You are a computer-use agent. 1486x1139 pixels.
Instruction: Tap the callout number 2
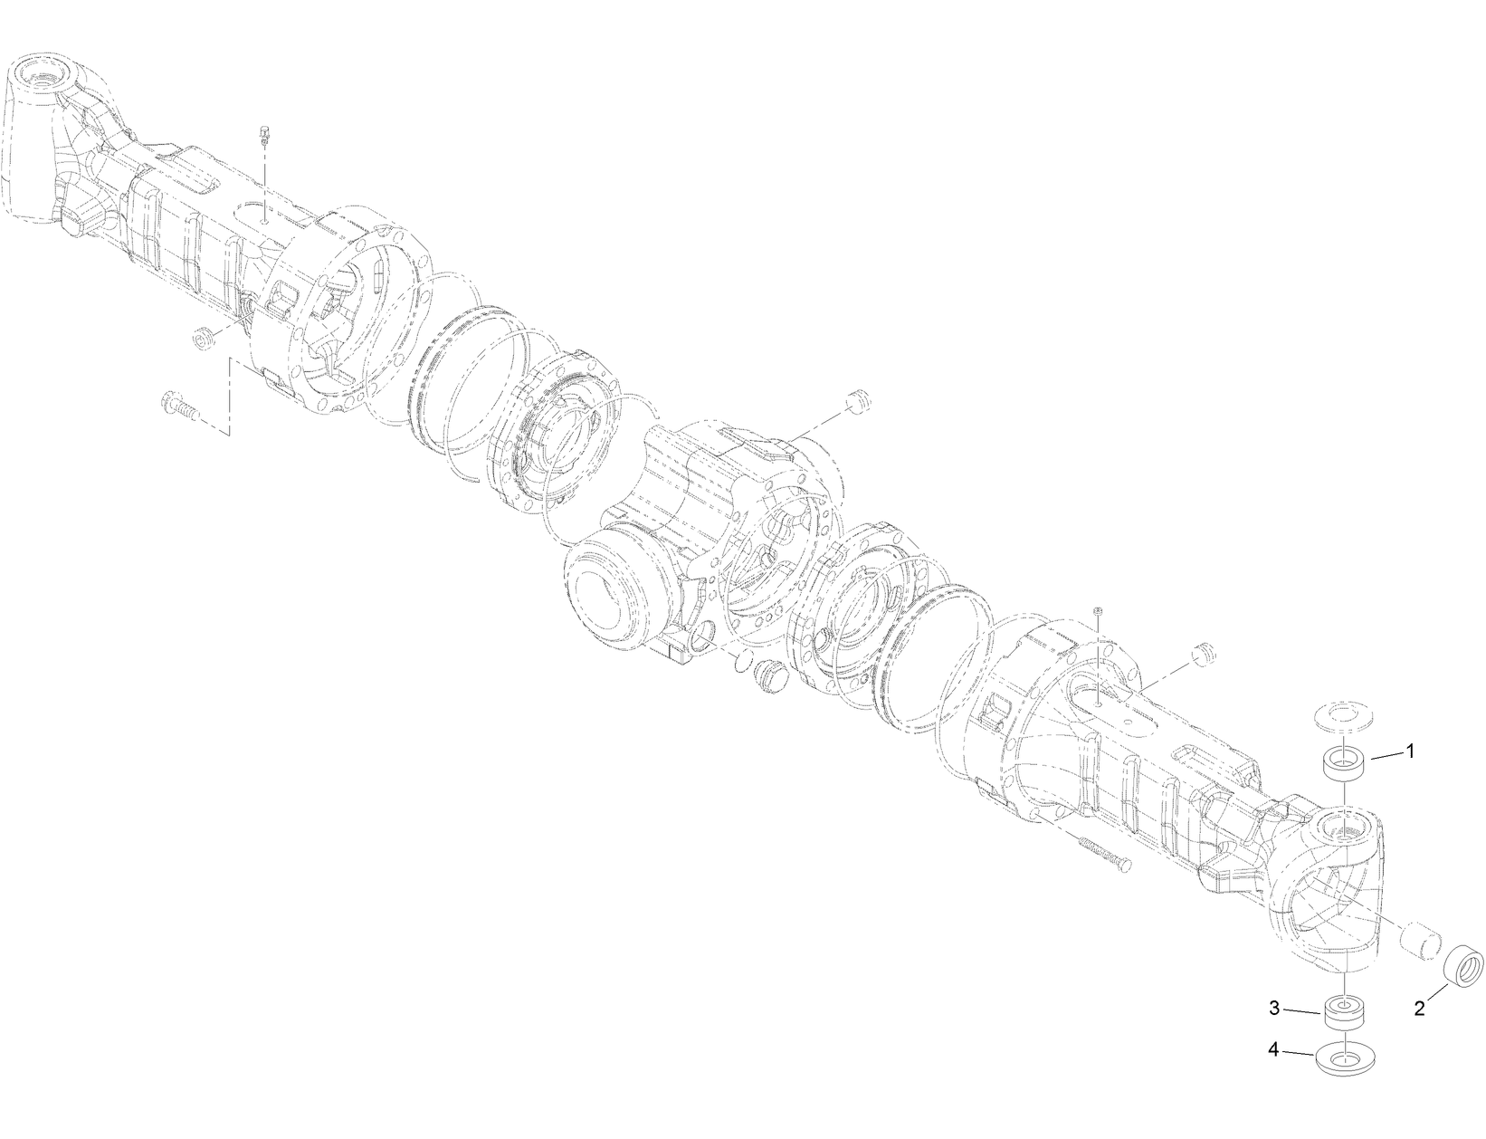coord(1420,1008)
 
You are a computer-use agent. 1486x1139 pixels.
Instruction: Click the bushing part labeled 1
coord(1344,762)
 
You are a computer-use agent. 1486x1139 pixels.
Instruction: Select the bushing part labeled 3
coord(1344,1014)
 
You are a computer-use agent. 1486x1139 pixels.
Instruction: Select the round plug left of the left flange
coord(202,338)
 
